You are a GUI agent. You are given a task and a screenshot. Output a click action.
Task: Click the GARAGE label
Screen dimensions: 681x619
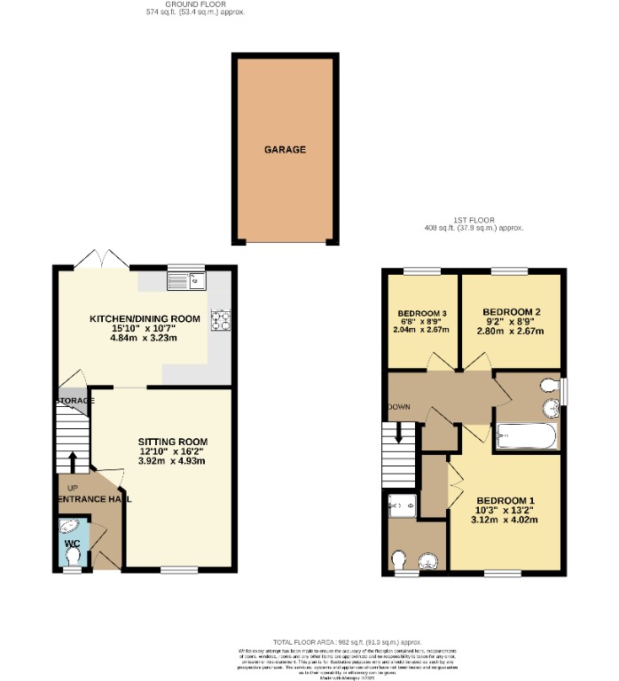click(285, 150)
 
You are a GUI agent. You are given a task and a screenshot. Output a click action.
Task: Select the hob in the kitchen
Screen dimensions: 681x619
click(218, 321)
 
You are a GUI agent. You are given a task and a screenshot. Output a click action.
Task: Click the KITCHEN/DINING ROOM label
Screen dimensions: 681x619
click(144, 318)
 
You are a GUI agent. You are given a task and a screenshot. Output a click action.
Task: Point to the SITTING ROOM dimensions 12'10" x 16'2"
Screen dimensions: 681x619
click(171, 450)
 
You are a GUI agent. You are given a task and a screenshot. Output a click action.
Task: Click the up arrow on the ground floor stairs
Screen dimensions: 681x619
click(73, 461)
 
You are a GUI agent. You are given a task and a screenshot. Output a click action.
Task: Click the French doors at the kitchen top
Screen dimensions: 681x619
click(103, 259)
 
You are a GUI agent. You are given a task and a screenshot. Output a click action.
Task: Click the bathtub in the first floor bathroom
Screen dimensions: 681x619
click(526, 435)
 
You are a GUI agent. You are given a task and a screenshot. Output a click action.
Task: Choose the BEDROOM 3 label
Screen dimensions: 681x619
click(421, 314)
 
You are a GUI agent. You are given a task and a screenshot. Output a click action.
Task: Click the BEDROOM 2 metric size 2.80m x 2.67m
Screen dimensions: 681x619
click(513, 332)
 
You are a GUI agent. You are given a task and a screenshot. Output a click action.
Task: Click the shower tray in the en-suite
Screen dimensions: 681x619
click(404, 505)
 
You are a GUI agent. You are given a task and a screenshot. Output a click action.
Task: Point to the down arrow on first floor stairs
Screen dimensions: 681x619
click(399, 434)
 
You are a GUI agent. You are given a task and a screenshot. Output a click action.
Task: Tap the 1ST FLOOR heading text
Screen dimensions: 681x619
click(474, 219)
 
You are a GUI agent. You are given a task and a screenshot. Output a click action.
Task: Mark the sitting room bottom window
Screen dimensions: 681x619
click(179, 569)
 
